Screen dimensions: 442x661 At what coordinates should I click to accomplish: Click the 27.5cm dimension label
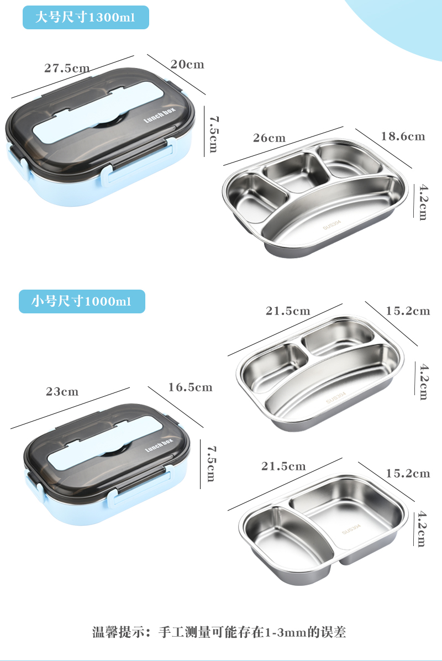coord(67,68)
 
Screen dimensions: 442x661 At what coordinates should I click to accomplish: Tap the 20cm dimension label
coord(187,64)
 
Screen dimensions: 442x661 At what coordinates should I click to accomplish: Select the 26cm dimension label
coord(269,138)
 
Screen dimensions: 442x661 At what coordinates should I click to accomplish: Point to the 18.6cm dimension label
coord(403,136)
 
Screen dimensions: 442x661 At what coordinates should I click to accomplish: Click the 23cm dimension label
coord(62,392)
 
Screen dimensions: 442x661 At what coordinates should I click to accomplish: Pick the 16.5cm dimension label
coord(191,387)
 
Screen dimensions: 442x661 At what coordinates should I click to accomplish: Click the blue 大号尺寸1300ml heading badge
coord(86,17)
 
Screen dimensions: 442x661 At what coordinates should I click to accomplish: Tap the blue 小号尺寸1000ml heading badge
coord(82,301)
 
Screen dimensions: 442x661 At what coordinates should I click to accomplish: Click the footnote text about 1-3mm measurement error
coord(219,632)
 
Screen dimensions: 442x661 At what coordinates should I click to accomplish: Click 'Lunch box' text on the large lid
coord(159,116)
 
